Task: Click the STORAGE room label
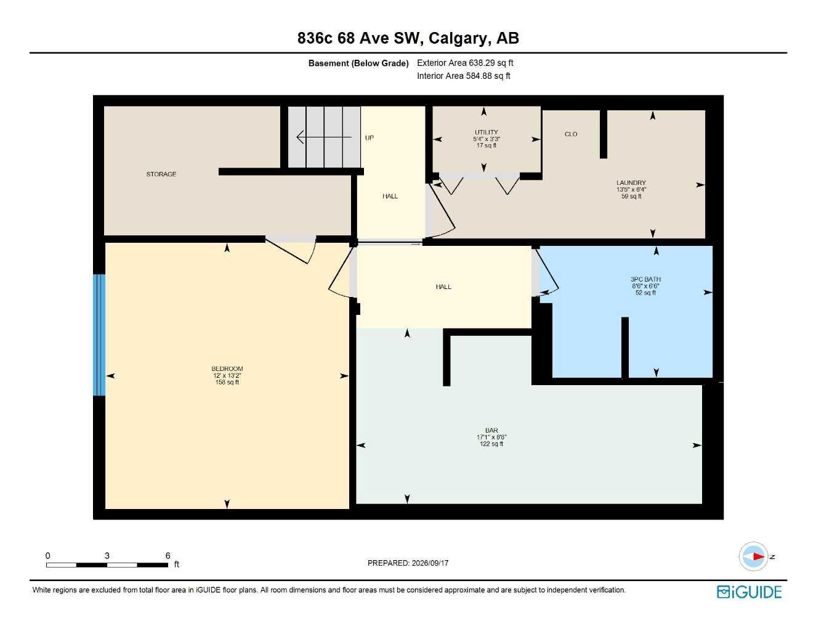tap(161, 174)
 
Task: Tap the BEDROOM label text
tap(227, 368)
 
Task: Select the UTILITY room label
tap(487, 132)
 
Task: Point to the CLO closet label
tap(571, 134)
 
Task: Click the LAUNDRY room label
tap(631, 183)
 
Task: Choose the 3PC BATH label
tap(645, 279)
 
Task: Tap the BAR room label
tap(491, 431)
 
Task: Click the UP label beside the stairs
tap(370, 138)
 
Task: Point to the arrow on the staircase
tap(324, 137)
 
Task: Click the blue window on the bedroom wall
tap(100, 335)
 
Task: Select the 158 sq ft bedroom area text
tap(227, 382)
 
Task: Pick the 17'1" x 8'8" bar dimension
tap(491, 437)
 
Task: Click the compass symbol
tap(753, 556)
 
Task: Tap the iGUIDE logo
tap(749, 592)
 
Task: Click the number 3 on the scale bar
tap(107, 555)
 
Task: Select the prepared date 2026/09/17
tap(430, 563)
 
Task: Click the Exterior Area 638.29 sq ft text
tap(465, 63)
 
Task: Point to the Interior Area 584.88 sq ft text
tap(463, 76)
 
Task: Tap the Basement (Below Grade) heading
tap(358, 63)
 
